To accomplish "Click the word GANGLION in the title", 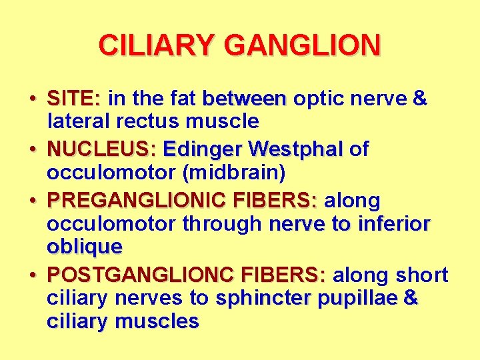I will (303, 45).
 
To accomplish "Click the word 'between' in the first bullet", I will (244, 99).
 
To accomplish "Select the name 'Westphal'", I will (299, 149).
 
